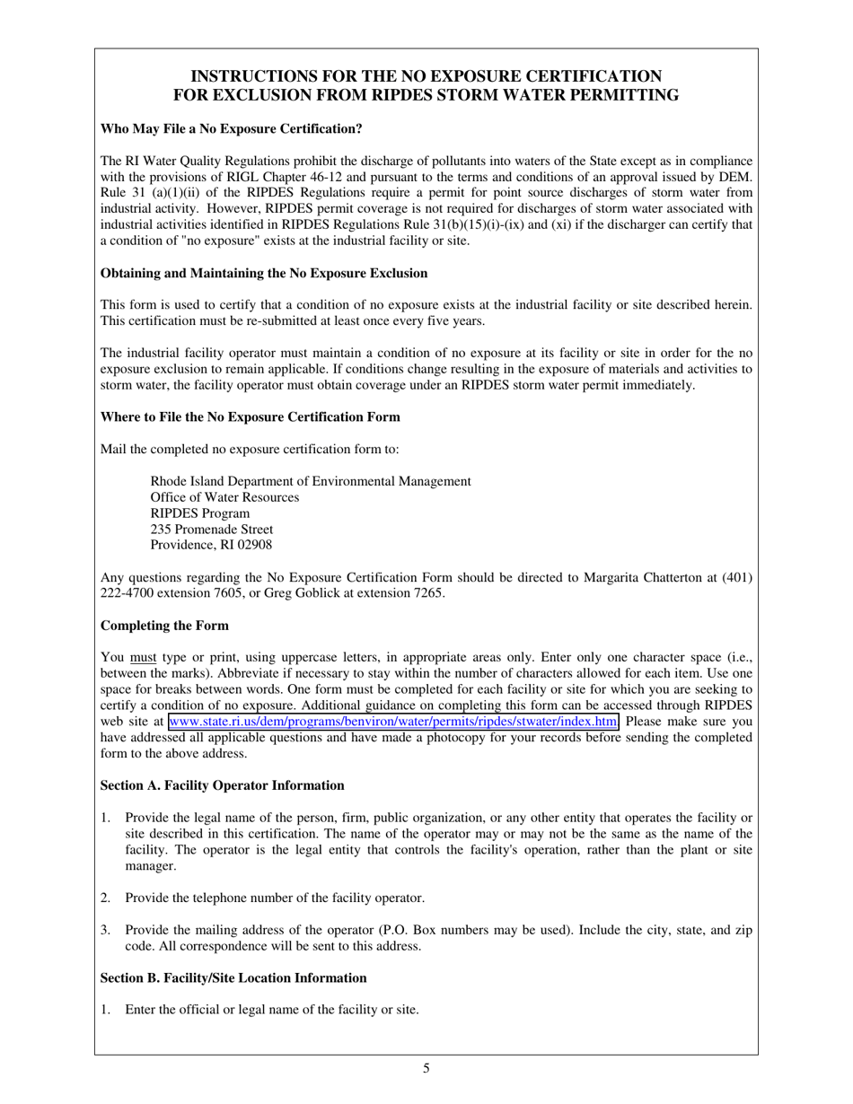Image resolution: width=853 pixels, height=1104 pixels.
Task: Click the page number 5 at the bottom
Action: (x=426, y=1068)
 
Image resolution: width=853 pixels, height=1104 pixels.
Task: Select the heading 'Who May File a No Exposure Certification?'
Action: (x=231, y=129)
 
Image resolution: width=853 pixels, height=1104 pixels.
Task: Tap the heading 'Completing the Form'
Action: (x=164, y=626)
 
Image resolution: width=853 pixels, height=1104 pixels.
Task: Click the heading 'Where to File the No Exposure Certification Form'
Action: (x=251, y=417)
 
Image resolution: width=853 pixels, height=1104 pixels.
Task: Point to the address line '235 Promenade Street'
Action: (x=212, y=530)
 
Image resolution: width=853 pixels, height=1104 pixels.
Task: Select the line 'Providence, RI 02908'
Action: (x=211, y=546)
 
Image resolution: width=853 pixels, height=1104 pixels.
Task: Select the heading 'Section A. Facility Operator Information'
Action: (x=222, y=785)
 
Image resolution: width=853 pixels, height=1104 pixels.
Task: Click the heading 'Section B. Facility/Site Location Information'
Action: (x=233, y=978)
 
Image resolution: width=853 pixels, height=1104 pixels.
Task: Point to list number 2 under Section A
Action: (x=105, y=898)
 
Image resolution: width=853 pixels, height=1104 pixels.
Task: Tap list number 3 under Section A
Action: (x=105, y=931)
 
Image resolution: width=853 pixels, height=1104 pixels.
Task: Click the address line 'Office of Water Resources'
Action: (x=224, y=497)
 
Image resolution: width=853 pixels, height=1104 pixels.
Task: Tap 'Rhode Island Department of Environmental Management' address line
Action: (x=310, y=481)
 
